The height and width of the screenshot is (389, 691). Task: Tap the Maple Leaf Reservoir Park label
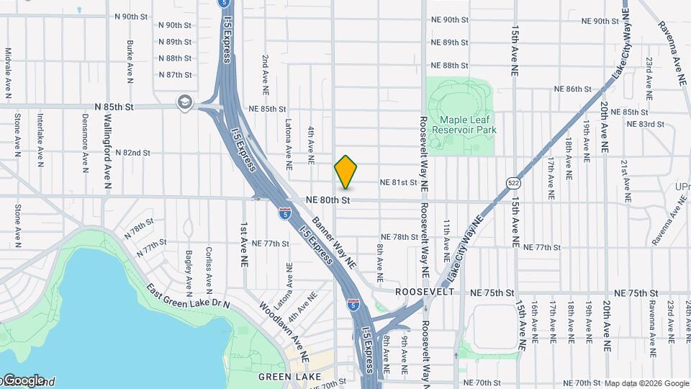point(464,124)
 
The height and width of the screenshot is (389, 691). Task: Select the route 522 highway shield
point(512,182)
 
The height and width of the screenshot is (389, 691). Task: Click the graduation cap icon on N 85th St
point(185,103)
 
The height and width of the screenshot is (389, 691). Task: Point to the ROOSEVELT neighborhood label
point(425,292)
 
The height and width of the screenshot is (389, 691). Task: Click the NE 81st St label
point(398,183)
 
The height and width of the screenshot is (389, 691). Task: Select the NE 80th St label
point(328,200)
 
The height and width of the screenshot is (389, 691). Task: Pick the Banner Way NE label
point(334,241)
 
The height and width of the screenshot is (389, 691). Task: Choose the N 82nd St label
point(130,153)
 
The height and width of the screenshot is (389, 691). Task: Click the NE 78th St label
point(399,237)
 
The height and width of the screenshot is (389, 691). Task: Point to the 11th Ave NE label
point(447,240)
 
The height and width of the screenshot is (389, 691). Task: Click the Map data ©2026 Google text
point(646,383)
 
